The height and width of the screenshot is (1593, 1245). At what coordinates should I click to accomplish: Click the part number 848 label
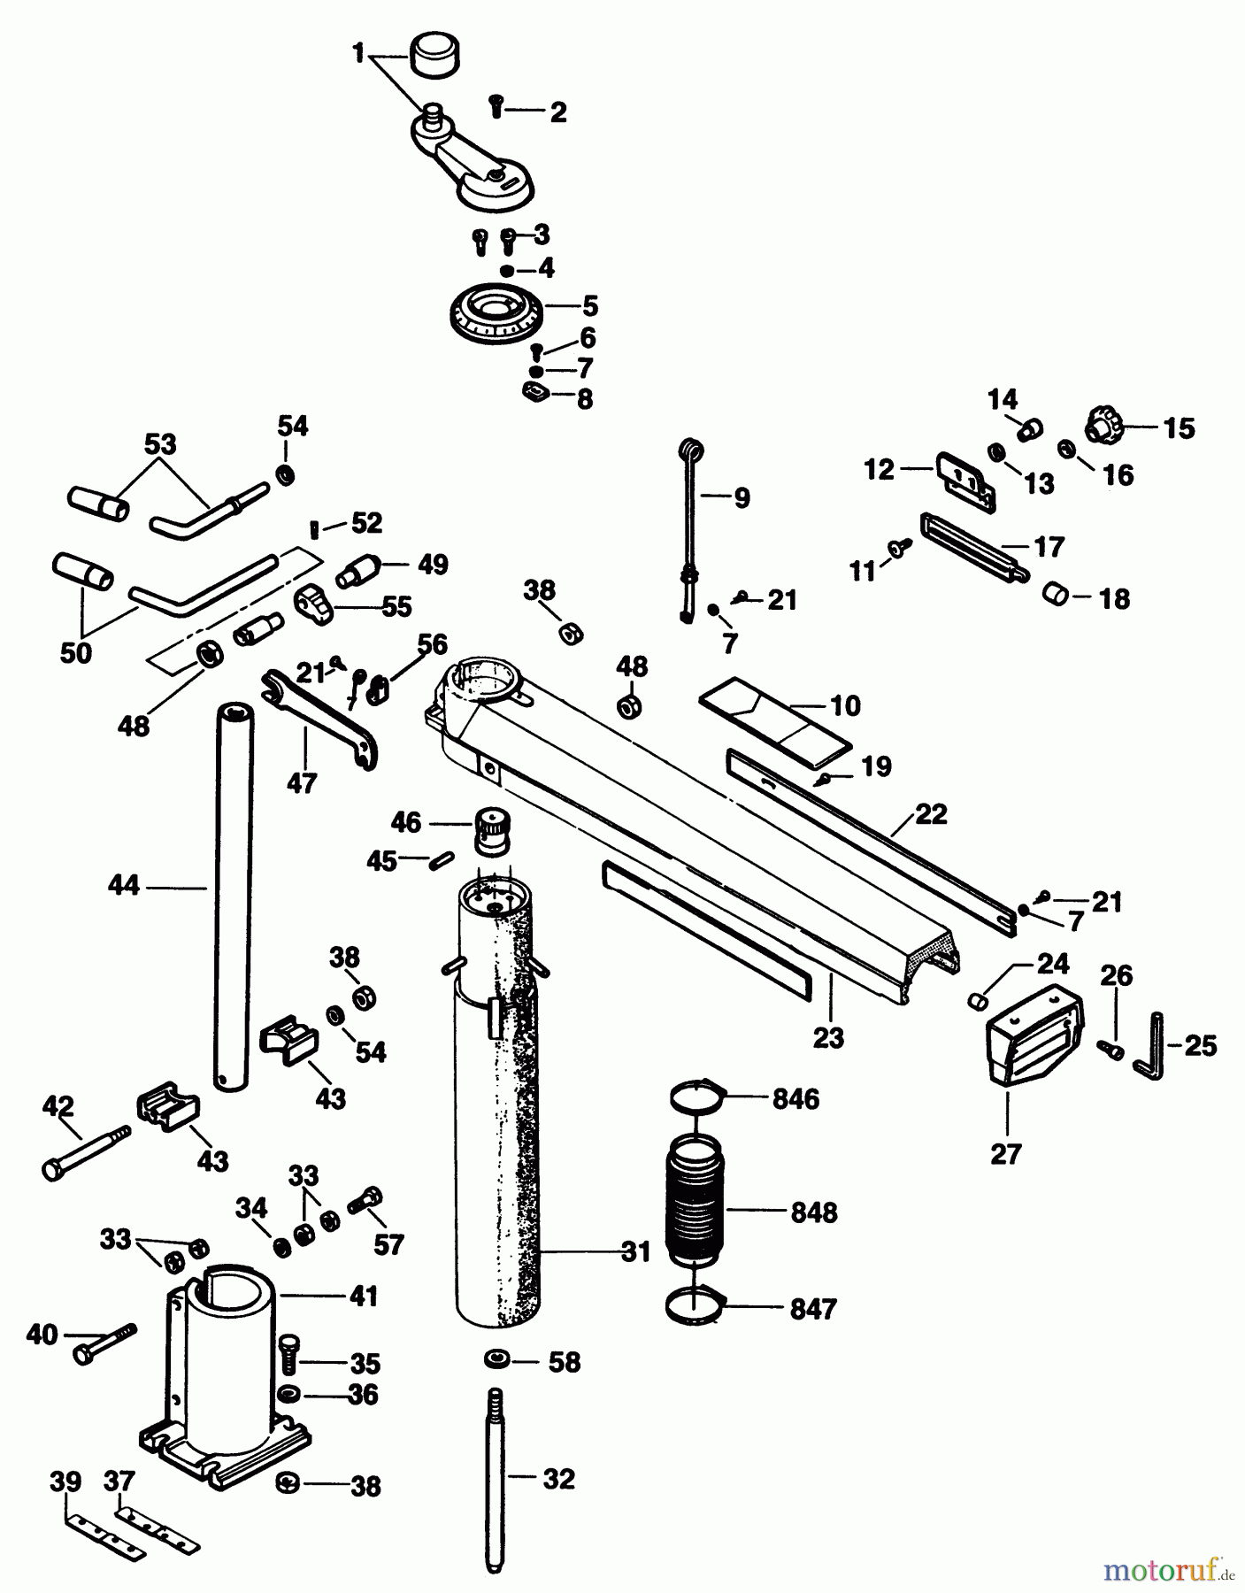coord(813,1212)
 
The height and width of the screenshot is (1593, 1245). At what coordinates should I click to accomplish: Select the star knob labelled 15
coord(1104,426)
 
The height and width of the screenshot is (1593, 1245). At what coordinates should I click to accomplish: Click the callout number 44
coord(125,885)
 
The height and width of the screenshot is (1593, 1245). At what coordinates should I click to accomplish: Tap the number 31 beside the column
coord(635,1251)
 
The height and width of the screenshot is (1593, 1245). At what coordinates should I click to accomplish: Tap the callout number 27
coord(1005,1154)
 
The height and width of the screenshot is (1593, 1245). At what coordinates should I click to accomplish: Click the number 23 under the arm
coord(828,1037)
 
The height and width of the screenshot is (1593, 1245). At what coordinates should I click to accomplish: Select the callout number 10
coord(846,705)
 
